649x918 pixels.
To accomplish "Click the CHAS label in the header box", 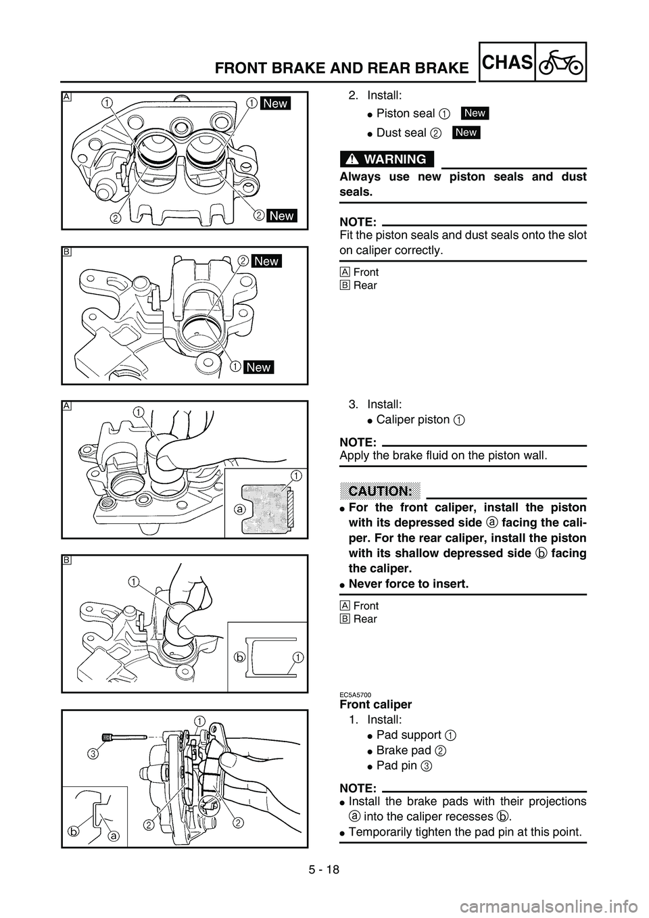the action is pos(507,63).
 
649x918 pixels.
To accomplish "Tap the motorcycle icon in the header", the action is pos(561,63).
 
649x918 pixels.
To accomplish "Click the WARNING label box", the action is pos(387,159).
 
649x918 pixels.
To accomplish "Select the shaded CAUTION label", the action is pos(380,491).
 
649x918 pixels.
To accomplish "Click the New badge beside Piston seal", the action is pos(475,113).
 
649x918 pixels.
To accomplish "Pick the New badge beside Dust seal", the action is pos(466,132).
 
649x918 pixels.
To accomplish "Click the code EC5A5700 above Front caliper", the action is pos(355,695).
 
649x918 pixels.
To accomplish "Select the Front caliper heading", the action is pos(376,705).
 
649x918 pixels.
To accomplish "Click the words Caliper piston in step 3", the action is pos(413,420).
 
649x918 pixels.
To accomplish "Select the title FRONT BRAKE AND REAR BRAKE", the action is pos(341,68).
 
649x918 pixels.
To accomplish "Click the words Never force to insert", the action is pos(408,583).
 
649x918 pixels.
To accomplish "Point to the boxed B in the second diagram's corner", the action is pos(67,252).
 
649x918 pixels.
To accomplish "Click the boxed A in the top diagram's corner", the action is pos(67,97).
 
